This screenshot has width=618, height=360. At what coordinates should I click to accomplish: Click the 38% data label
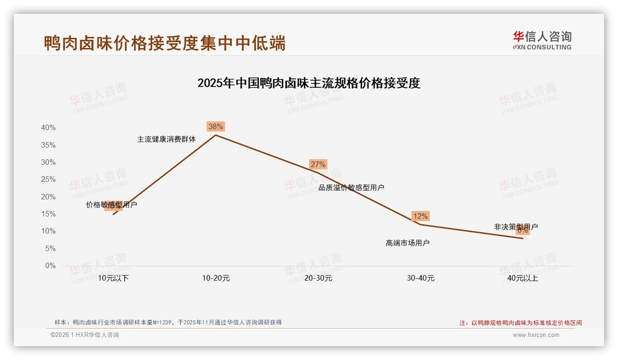click(215, 126)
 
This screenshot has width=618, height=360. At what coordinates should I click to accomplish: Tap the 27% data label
click(318, 164)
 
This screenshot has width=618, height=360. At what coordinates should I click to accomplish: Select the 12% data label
click(420, 216)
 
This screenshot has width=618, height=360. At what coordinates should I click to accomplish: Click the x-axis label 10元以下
click(113, 278)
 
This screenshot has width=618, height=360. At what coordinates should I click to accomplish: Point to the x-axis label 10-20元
click(216, 278)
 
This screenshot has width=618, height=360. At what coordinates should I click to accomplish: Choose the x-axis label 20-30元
click(318, 278)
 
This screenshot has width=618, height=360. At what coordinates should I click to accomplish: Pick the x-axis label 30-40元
click(421, 278)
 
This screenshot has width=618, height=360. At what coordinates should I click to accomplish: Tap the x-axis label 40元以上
click(523, 278)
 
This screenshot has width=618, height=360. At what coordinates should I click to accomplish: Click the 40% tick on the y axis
click(48, 128)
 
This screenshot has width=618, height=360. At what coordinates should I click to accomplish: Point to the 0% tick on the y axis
click(50, 266)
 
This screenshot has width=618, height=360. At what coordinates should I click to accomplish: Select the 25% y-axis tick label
click(48, 180)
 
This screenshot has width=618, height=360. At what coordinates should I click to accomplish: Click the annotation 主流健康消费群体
click(166, 139)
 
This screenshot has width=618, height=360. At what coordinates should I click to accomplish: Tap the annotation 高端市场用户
click(407, 243)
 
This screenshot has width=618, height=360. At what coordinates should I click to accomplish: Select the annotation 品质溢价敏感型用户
click(351, 187)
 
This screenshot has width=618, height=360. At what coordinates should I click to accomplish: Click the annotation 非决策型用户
click(516, 227)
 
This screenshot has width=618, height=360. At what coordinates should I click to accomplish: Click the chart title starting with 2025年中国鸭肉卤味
click(309, 83)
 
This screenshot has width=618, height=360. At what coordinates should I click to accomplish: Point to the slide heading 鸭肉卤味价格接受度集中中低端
click(165, 43)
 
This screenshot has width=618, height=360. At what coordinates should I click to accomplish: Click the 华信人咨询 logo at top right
click(542, 40)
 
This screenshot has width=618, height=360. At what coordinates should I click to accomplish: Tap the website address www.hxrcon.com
click(536, 335)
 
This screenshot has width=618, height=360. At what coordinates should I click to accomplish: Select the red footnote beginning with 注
click(521, 323)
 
